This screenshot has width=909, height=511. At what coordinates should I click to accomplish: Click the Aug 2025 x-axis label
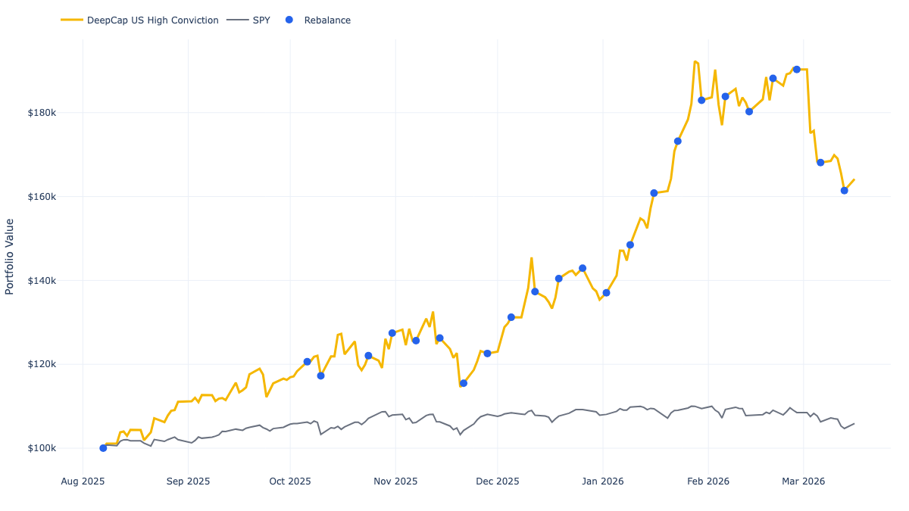point(83,481)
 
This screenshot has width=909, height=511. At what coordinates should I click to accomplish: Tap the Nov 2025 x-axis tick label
point(395,481)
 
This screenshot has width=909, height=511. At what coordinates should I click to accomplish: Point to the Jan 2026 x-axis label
point(603,481)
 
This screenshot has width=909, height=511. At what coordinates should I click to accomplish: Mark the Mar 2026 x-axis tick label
point(803,481)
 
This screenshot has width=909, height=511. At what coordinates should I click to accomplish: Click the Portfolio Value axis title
point(10,257)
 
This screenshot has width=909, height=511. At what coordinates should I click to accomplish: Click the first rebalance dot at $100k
point(103,448)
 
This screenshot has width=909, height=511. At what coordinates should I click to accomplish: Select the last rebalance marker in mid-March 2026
point(845,190)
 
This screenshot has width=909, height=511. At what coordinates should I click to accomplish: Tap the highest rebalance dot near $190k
point(797,70)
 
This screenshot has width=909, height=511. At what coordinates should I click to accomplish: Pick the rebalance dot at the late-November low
point(464,383)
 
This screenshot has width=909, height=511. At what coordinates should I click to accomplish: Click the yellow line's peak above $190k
point(695,61)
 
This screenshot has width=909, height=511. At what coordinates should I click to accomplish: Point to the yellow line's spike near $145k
point(532,258)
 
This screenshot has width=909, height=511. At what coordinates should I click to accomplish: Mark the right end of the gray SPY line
point(854,423)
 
